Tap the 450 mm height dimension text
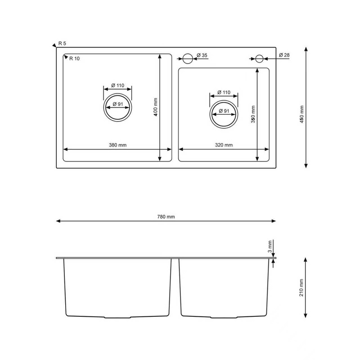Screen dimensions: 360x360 (302, 114)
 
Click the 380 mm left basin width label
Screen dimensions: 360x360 (117, 145)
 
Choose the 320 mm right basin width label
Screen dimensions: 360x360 (224, 145)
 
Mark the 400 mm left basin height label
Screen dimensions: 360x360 (155, 108)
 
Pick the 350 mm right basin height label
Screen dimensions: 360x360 (253, 114)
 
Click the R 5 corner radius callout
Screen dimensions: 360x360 (62, 44)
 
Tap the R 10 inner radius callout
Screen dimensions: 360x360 (73, 58)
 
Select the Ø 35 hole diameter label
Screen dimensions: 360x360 (202, 55)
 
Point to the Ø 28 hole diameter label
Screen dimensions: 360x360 (284, 55)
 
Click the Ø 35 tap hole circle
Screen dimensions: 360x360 (187, 58)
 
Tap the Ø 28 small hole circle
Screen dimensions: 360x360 (259, 58)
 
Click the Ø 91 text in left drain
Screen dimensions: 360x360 (118, 104)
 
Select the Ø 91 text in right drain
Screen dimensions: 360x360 (224, 111)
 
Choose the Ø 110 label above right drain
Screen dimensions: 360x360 (224, 92)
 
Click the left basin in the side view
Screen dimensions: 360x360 (117, 288)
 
